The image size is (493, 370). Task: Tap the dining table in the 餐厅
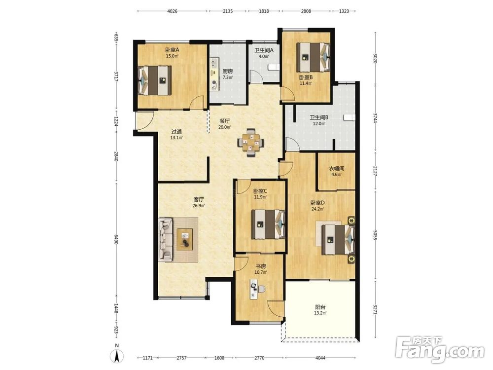[251, 143]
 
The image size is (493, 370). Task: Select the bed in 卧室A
[155, 80]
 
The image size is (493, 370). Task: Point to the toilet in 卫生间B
[349, 117]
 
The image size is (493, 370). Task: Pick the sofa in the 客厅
[166, 240]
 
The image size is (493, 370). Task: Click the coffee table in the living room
[185, 240]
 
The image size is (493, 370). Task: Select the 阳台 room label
[320, 307]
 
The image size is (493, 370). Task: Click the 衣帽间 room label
[336, 168]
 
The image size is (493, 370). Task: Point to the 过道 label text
[176, 132]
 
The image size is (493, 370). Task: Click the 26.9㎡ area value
[199, 206]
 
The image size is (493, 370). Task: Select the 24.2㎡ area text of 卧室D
[317, 209]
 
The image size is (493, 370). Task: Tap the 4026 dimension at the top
[172, 11]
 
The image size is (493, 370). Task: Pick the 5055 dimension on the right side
[375, 235]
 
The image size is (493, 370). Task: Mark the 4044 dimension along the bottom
[320, 358]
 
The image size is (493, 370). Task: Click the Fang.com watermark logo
[440, 350]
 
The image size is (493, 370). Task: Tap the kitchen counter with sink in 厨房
[214, 74]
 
